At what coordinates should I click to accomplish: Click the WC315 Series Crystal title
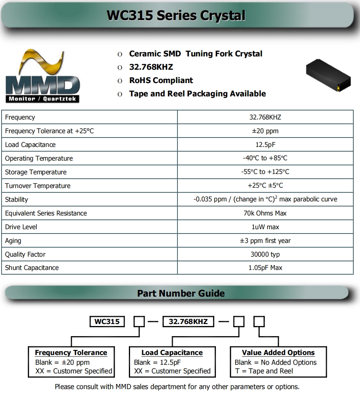click(176, 16)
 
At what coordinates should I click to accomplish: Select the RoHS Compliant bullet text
click(161, 80)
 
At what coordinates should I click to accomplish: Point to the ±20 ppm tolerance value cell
click(265, 131)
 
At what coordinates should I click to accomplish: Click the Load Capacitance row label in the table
click(30, 145)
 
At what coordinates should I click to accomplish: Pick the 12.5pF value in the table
click(265, 145)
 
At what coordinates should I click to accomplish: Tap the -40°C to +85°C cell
click(265, 158)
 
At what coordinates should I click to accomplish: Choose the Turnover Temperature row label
click(38, 186)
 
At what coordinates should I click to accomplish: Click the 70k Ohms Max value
click(265, 213)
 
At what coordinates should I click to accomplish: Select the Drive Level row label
click(21, 227)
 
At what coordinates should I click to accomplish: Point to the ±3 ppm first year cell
click(265, 241)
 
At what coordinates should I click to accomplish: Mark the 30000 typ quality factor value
click(265, 254)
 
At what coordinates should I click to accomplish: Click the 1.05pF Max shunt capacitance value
click(265, 268)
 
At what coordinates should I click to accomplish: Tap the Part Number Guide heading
click(181, 293)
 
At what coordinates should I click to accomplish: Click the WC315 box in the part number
click(107, 322)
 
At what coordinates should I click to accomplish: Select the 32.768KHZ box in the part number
click(188, 322)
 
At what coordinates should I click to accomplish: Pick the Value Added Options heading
click(278, 353)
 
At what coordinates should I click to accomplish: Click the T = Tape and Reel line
click(264, 371)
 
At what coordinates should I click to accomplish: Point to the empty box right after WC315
click(139, 322)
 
